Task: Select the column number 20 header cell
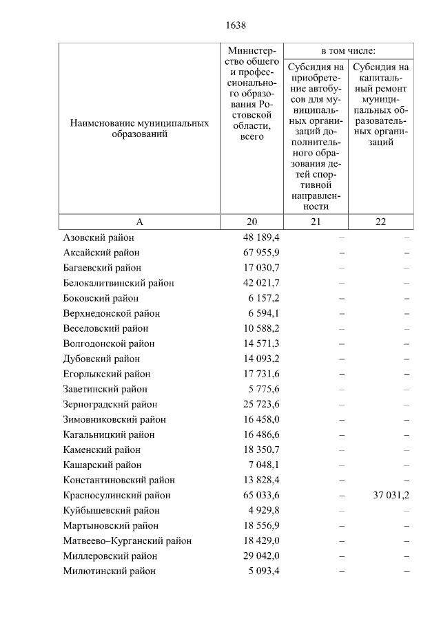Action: (251, 221)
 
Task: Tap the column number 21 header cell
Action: (316, 221)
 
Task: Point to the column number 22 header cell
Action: (380, 221)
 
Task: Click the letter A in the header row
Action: (139, 221)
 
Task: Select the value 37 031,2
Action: (391, 495)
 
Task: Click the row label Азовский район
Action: (99, 237)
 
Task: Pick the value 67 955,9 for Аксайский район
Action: (260, 253)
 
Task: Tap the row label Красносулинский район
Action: (116, 495)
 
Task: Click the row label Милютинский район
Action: (109, 571)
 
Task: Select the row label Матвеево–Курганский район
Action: (127, 540)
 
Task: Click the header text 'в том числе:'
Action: (348, 52)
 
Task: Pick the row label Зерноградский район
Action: (110, 404)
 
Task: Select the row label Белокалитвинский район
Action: (119, 283)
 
